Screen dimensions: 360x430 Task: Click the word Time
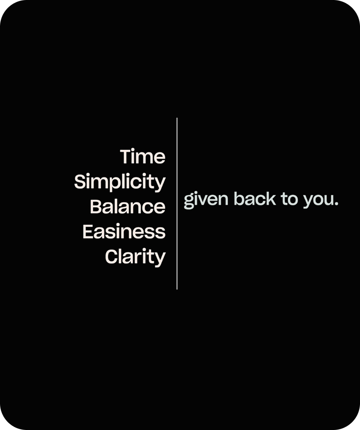click(x=142, y=157)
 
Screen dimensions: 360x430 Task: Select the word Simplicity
click(x=120, y=182)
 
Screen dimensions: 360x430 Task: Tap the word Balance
click(x=128, y=206)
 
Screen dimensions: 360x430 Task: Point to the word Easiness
click(x=124, y=232)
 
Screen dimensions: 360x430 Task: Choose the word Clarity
click(x=135, y=257)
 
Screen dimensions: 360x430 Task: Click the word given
click(x=206, y=200)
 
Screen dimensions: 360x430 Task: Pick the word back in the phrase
click(x=255, y=198)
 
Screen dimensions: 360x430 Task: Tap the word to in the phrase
click(x=289, y=199)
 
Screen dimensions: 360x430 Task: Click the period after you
click(x=335, y=204)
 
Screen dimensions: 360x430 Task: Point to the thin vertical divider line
click(x=177, y=203)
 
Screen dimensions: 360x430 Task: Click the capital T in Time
click(x=127, y=157)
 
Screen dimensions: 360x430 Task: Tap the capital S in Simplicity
click(x=80, y=181)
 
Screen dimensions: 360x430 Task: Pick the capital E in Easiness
click(x=88, y=232)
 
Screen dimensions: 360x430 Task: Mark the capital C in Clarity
click(x=111, y=257)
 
